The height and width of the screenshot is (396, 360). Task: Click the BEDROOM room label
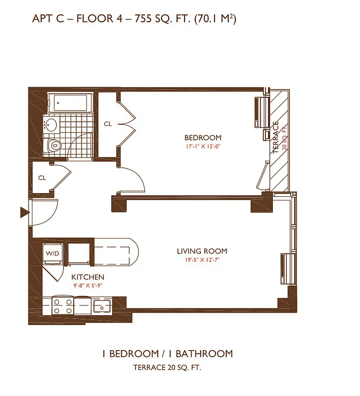203,138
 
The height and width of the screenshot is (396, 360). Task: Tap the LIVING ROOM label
202,251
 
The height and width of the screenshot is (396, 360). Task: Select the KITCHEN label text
88,277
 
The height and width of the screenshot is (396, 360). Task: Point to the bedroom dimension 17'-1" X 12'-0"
203,147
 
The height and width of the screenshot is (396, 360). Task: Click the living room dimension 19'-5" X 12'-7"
202,260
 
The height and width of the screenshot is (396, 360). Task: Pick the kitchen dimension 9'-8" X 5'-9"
88,286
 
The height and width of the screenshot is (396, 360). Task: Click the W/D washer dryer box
52,254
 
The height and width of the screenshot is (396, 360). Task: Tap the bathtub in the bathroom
71,103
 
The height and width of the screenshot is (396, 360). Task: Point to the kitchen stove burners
63,305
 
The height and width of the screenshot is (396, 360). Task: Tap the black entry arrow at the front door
23,213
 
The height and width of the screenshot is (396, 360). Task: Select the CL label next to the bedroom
108,124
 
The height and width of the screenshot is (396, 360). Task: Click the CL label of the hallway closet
42,178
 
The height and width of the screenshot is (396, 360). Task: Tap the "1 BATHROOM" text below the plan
204,354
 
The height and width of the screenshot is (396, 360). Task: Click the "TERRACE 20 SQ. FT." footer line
167,368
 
